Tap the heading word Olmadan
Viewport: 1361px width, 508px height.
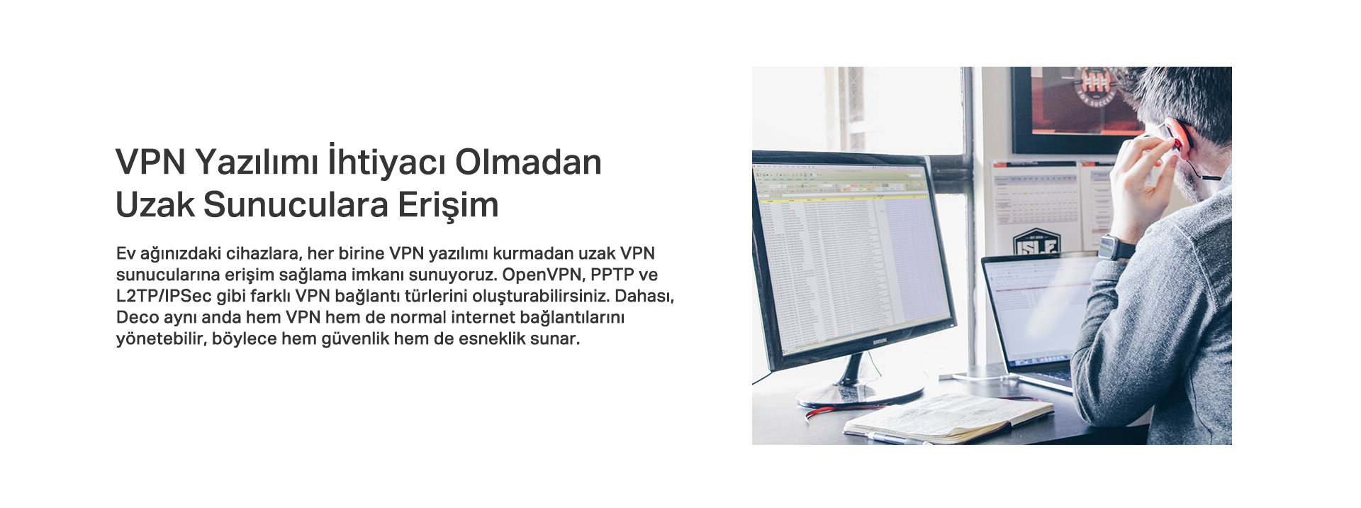528,162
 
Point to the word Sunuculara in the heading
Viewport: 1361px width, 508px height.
296,204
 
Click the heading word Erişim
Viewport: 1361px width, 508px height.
448,206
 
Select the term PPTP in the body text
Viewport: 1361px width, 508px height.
612,275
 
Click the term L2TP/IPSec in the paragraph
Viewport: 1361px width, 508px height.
164,296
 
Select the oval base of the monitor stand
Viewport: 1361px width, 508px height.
861,396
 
